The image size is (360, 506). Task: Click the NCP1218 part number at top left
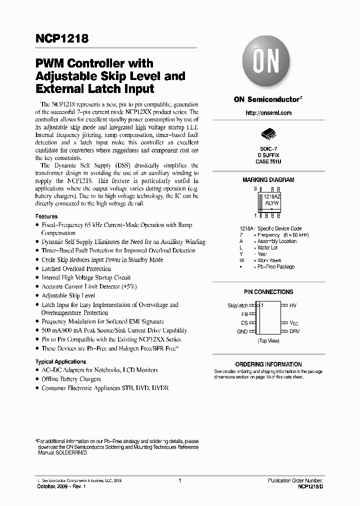[61, 38]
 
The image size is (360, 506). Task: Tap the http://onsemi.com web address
[268, 113]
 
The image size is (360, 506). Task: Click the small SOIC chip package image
[268, 134]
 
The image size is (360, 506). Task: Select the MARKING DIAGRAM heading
[268, 180]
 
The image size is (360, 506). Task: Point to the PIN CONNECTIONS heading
[268, 292]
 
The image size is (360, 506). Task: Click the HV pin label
[293, 305]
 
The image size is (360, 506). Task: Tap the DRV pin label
[294, 331]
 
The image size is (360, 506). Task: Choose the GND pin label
[242, 331]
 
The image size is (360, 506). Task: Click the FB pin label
[244, 314]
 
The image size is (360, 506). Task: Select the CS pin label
[244, 323]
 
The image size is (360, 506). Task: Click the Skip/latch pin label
[237, 305]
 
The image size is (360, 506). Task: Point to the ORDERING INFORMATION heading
[268, 364]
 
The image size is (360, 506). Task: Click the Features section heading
[46, 216]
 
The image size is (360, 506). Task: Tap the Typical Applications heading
[60, 361]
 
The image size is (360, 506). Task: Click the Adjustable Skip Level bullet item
[68, 295]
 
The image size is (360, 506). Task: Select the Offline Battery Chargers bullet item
[71, 379]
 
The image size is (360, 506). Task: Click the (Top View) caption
[268, 340]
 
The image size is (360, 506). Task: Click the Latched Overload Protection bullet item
[76, 268]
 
